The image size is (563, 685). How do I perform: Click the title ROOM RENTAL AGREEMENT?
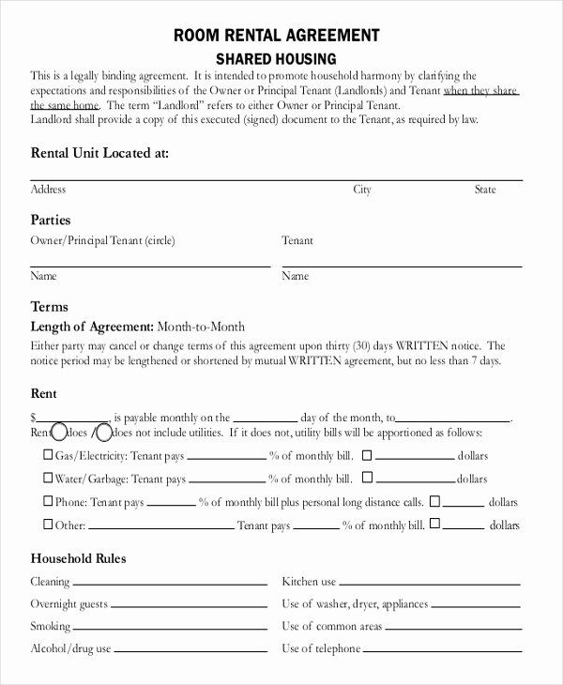point(277,36)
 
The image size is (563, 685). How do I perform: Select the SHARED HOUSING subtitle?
point(277,58)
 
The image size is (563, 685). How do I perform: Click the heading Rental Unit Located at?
point(100,152)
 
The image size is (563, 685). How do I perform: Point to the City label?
point(362,190)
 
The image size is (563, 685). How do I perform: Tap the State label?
point(485,190)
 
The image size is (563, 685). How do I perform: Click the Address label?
point(49,190)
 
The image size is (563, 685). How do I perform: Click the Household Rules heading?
point(79,558)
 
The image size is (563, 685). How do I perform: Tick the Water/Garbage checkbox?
point(49,478)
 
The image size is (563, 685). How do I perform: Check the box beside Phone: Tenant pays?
point(49,501)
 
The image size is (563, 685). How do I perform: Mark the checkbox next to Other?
point(49,524)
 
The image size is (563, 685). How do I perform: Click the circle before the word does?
point(59,433)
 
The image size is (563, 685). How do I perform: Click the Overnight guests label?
point(68,604)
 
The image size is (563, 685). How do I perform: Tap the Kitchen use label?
point(309,582)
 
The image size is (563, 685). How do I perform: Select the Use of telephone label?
point(321,648)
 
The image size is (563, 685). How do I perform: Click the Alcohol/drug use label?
point(71,648)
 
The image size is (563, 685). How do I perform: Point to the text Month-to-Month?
point(201,327)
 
